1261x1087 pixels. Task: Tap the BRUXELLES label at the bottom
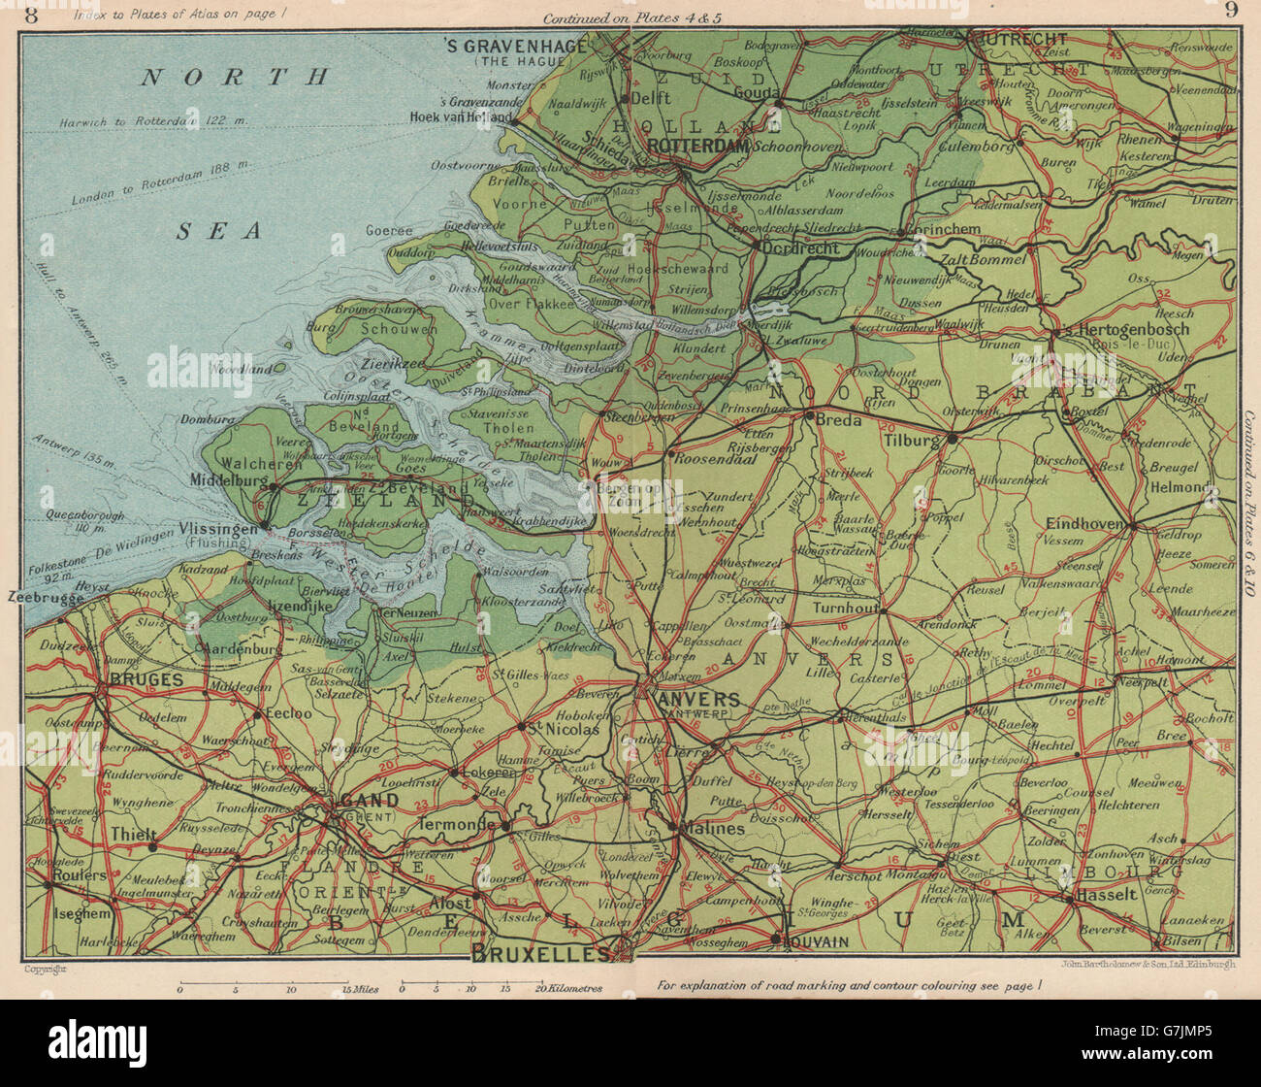click(540, 953)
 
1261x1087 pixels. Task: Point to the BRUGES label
click(145, 680)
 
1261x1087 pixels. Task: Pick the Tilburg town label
click(912, 439)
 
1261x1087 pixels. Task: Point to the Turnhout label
click(843, 607)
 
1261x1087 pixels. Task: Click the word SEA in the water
click(219, 231)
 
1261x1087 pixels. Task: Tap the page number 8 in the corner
click(33, 14)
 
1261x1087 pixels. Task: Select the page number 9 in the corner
click(1230, 12)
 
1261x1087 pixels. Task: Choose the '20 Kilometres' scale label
click(568, 989)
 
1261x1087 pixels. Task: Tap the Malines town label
click(713, 829)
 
